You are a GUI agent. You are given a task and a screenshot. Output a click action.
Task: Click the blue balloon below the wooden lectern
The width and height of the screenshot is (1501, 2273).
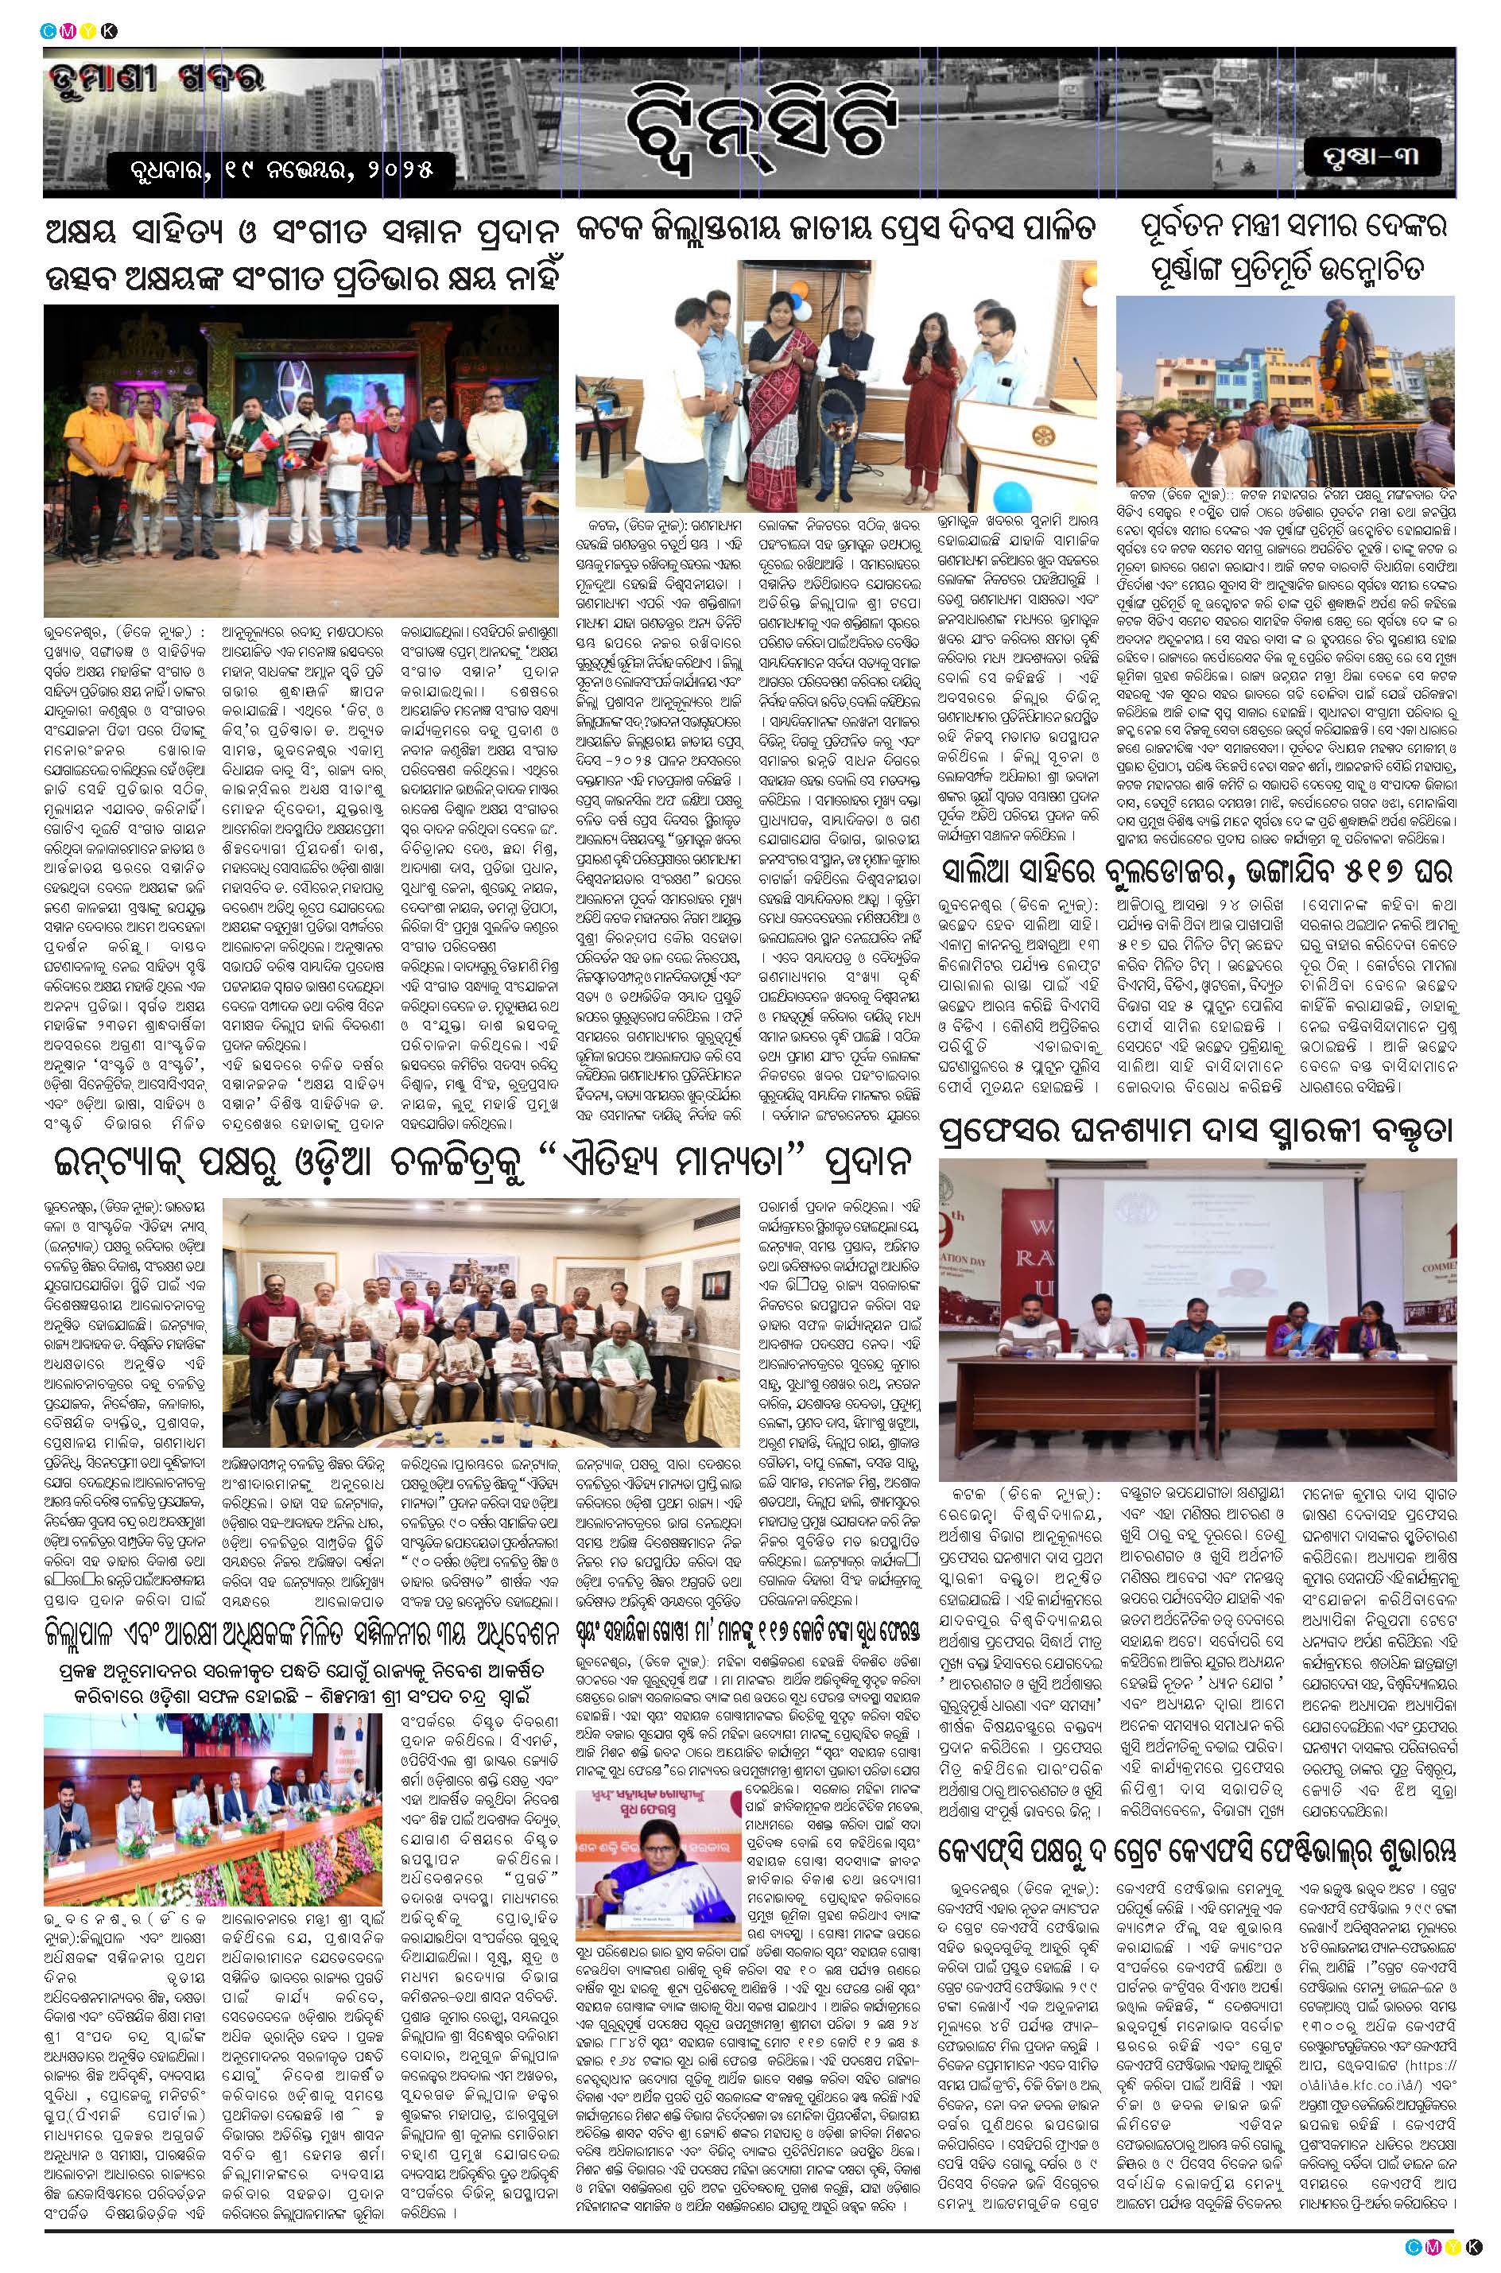pos(1008,498)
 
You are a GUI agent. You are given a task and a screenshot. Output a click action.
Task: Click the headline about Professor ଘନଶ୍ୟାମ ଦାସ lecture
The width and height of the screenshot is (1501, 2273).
pos(1197,1131)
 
